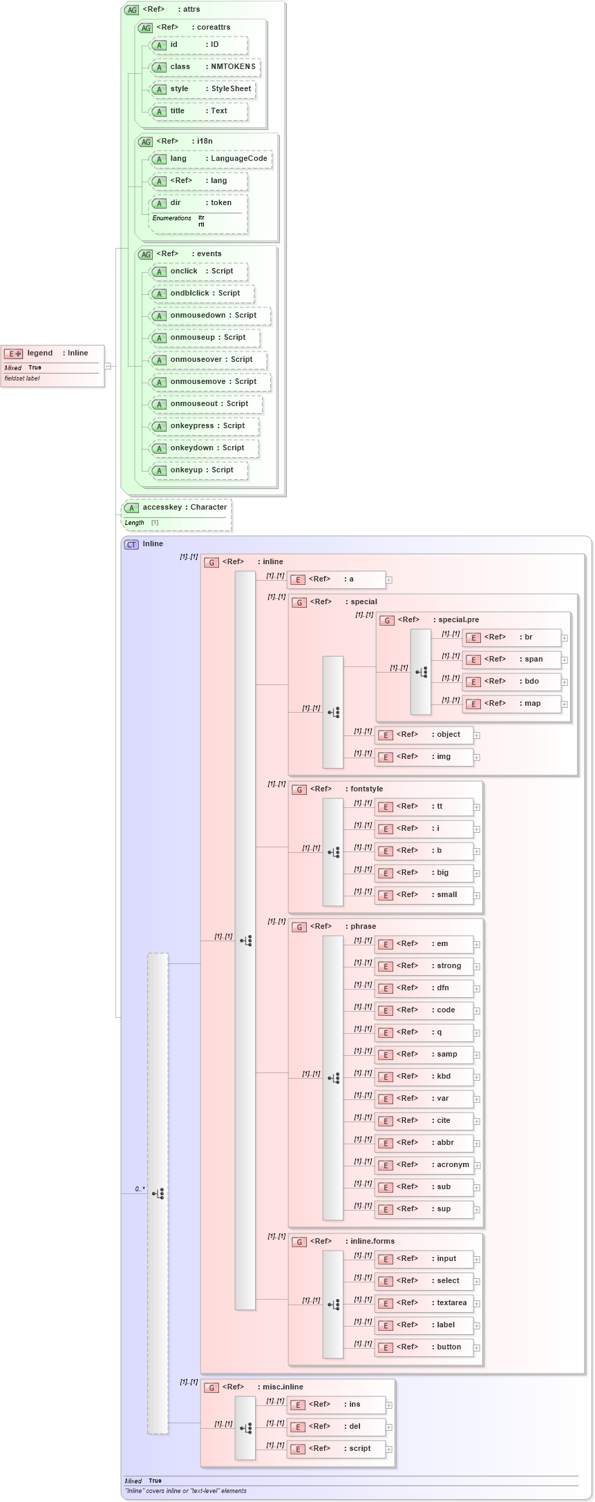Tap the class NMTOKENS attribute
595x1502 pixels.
205,67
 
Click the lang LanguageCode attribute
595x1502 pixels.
211,159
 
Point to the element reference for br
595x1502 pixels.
511,637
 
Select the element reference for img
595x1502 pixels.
424,757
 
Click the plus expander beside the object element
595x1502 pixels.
477,735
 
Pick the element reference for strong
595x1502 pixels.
424,966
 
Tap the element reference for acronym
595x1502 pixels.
424,1165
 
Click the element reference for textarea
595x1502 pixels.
424,1303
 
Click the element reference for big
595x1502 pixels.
424,873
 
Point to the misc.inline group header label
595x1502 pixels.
282,1387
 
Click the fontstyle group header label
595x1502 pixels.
366,789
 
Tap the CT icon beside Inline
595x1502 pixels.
131,544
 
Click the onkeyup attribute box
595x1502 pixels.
199,470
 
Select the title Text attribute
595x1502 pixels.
199,111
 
